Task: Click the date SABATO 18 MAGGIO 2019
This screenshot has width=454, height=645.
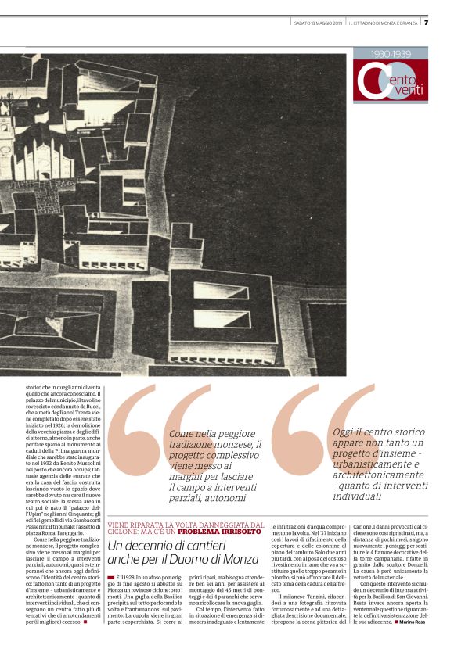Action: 318,23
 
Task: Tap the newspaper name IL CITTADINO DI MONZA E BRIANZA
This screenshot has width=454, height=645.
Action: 384,23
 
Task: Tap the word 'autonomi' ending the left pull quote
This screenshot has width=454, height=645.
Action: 221,497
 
